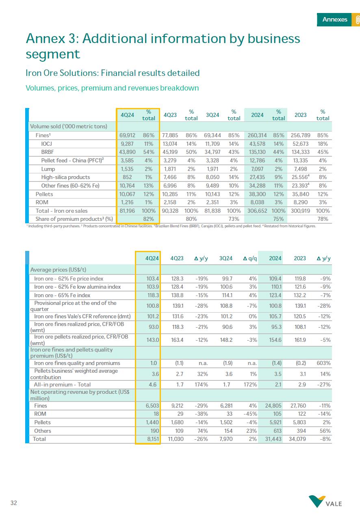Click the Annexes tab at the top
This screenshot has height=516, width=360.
point(334,19)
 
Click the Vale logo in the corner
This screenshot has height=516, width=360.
point(325,501)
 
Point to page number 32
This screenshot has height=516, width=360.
point(14,503)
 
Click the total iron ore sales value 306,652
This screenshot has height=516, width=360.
point(258,211)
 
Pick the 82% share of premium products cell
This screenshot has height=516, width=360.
point(149,219)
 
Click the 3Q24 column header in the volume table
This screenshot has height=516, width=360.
point(213,115)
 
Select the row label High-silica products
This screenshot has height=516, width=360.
point(65,177)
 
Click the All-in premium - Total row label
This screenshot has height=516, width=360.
point(62,384)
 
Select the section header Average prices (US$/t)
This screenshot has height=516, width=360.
point(58,270)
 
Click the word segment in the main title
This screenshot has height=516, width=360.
point(53,54)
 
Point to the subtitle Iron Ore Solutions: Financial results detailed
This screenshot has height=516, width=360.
point(113,73)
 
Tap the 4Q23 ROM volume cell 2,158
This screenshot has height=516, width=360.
point(170,202)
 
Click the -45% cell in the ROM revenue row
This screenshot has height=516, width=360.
point(250,414)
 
